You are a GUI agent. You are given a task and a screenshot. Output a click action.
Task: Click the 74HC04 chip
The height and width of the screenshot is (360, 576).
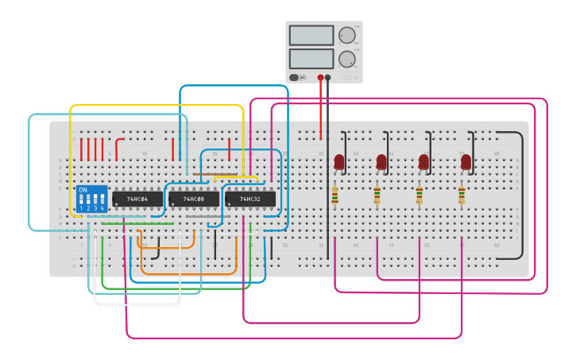point(137,198)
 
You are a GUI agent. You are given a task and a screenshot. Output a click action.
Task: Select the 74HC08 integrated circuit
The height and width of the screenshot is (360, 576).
point(193,198)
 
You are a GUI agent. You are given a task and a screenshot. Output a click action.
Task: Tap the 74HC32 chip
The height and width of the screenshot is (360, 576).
point(249,198)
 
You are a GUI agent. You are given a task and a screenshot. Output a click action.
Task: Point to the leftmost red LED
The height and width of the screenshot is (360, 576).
point(339,161)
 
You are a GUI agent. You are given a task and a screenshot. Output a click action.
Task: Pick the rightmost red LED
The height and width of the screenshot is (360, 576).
point(466,161)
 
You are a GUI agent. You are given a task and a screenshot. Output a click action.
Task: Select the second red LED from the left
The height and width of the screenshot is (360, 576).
point(381,161)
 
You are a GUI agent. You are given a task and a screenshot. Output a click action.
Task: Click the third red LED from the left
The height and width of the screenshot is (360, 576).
point(423,161)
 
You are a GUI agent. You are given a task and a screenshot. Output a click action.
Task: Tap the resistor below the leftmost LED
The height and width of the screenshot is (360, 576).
point(334,195)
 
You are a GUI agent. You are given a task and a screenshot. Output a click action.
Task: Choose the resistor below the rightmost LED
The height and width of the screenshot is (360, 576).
point(462,195)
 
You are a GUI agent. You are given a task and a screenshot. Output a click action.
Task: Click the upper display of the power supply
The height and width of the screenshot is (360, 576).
point(311,35)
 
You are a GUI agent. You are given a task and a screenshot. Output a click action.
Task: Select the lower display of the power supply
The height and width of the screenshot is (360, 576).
point(311,59)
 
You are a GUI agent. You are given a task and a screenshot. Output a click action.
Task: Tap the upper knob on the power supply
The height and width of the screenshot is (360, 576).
point(346,35)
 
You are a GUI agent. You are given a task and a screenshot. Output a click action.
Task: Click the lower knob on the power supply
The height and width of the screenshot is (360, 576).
point(346,59)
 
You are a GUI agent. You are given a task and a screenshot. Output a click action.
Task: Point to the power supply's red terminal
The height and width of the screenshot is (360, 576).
point(321,78)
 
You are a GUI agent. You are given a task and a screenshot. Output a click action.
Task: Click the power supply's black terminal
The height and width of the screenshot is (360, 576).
point(328,78)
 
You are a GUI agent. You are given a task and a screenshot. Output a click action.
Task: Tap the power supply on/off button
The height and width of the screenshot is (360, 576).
point(295,77)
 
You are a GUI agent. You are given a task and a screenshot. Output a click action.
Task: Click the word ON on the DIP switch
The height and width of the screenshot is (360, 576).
point(83,191)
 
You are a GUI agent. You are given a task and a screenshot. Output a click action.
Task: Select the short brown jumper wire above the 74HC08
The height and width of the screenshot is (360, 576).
point(215,174)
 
